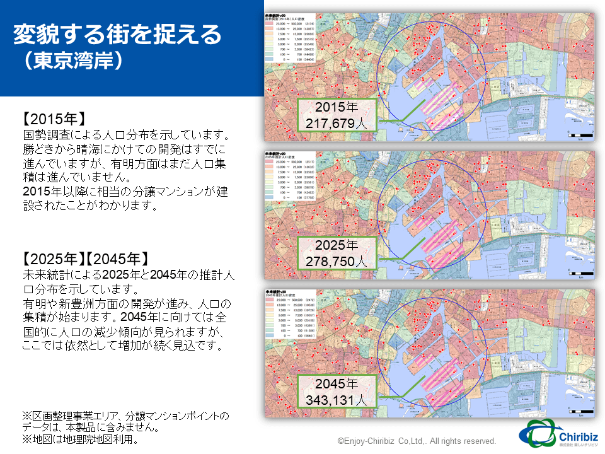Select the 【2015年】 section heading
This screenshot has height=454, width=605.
pyautogui.click(x=53, y=120)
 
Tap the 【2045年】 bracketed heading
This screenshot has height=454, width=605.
pyautogui.click(x=118, y=259)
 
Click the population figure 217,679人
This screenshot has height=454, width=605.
pyautogui.click(x=337, y=123)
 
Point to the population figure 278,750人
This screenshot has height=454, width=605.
pyautogui.click(x=337, y=260)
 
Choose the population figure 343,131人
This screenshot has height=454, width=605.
pyautogui.click(x=337, y=400)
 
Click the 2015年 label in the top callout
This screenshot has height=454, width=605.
pyautogui.click(x=337, y=107)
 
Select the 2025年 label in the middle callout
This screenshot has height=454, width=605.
pyautogui.click(x=337, y=245)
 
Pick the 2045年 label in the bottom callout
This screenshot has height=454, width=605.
pyautogui.click(x=337, y=384)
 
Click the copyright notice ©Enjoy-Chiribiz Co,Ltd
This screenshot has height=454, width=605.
pyautogui.click(x=417, y=441)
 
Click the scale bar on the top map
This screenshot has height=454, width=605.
pyautogui.click(x=580, y=135)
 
